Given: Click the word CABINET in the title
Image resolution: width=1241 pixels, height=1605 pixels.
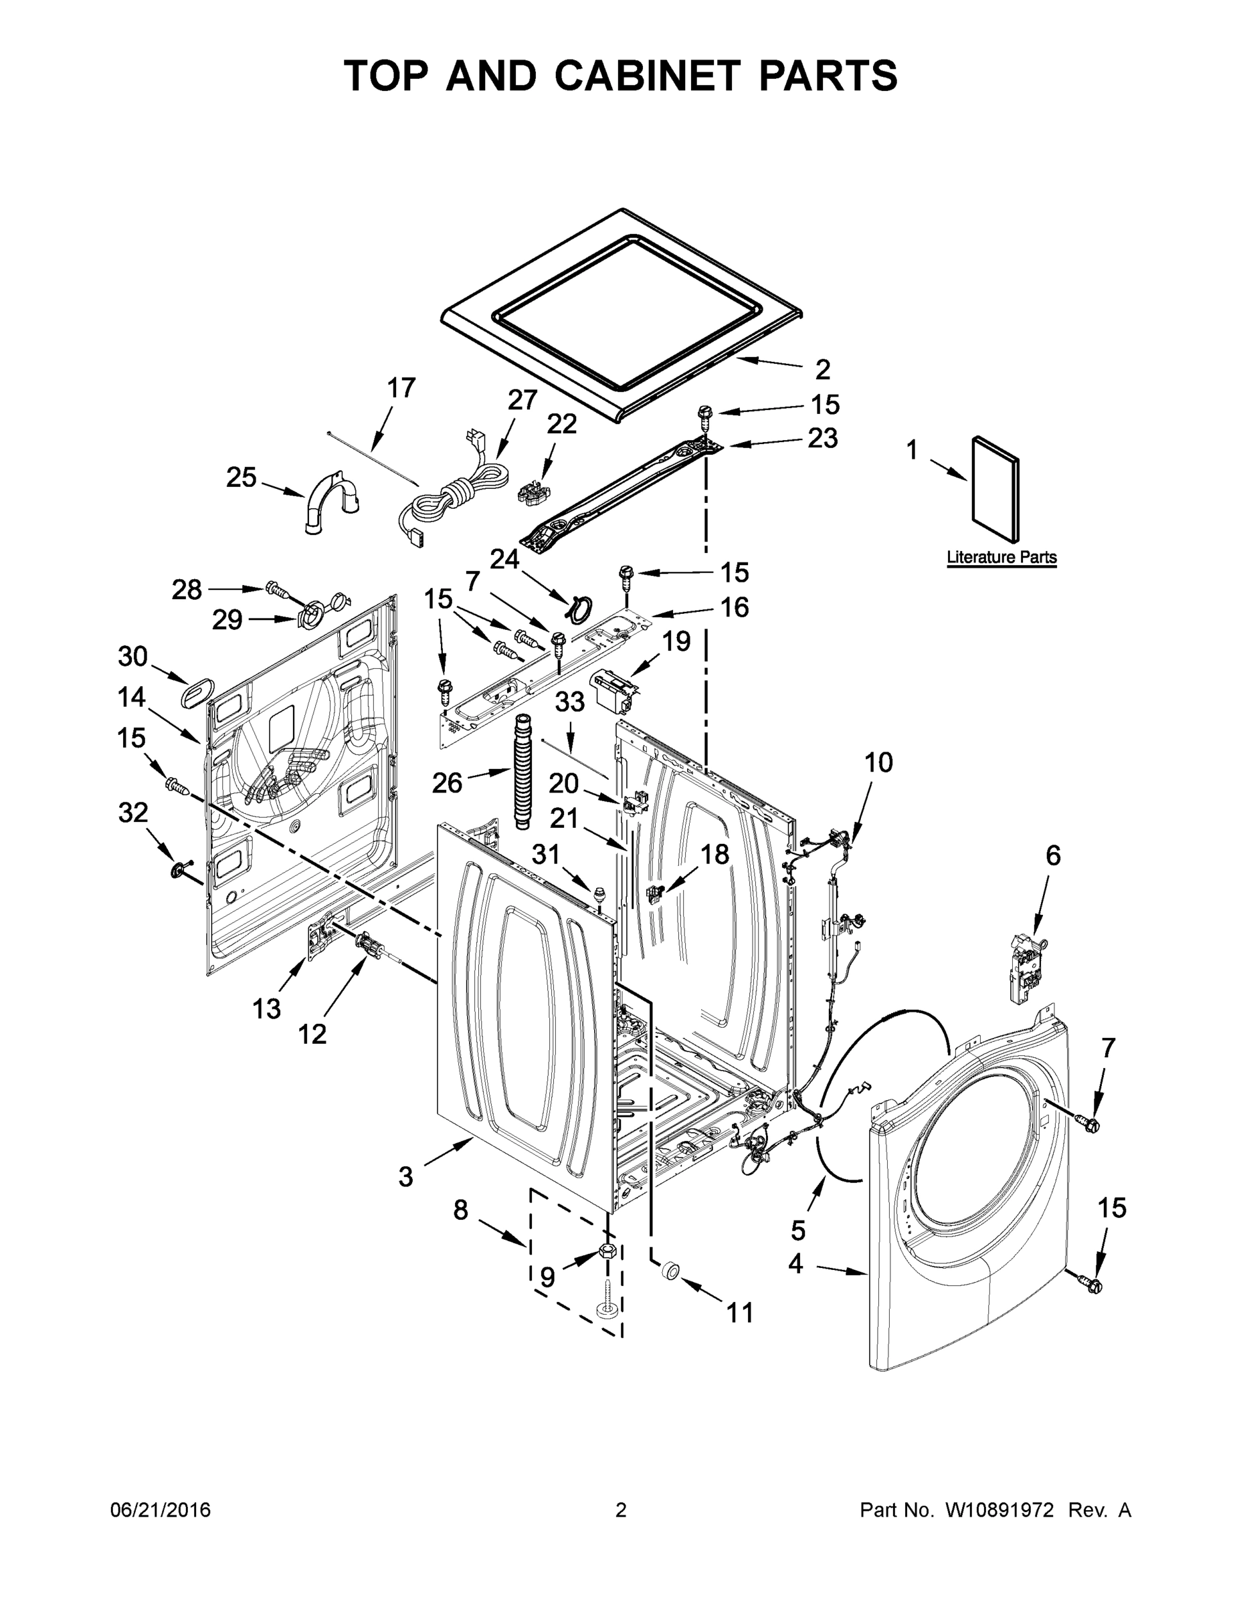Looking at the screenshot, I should tap(646, 76).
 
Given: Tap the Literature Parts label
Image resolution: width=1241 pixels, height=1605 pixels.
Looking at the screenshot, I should tap(1001, 557).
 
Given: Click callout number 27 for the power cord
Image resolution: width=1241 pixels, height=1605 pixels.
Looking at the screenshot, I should tap(522, 400).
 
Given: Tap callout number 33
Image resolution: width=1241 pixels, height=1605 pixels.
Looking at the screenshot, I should tap(569, 702).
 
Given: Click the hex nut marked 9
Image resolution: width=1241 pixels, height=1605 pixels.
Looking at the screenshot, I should tap(607, 1251).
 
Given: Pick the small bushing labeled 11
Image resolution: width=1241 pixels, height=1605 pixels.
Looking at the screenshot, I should tap(670, 1271).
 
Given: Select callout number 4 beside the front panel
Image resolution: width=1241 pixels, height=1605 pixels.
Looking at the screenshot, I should tap(795, 1264).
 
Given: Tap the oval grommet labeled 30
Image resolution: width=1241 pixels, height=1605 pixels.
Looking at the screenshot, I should tap(195, 692).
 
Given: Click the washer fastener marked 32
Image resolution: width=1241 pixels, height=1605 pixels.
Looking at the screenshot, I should tap(179, 870).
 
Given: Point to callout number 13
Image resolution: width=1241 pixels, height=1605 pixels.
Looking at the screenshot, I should tap(266, 1009).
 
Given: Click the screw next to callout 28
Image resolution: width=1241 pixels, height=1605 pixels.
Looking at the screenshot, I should tap(277, 589).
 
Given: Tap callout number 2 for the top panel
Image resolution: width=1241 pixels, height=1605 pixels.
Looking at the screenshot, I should tap(822, 369).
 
